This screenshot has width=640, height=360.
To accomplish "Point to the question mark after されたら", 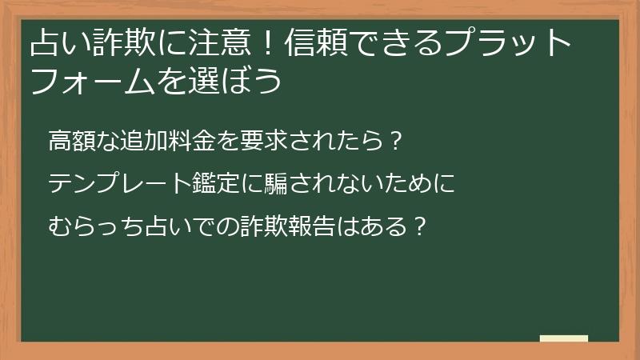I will pyautogui.click(x=393, y=142).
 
